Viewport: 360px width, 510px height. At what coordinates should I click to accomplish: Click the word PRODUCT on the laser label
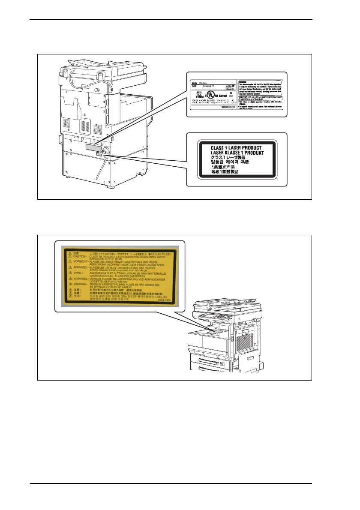point(249,148)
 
